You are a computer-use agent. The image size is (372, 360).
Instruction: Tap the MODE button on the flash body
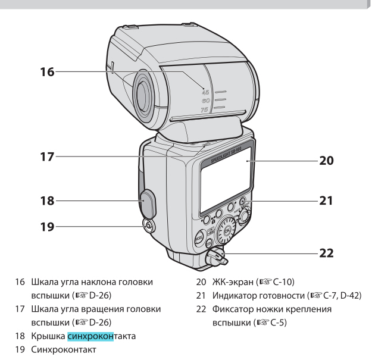(199, 238)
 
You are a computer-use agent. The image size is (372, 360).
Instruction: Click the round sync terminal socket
(146, 226)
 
